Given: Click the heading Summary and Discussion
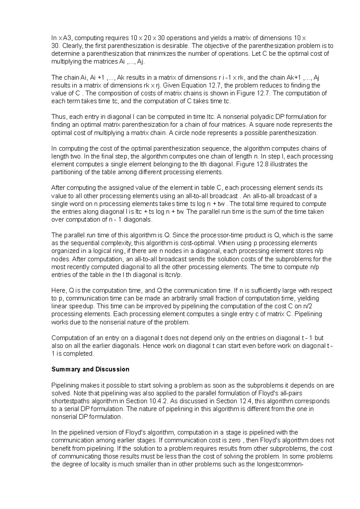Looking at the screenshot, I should tap(90, 369).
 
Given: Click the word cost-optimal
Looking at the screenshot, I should tap(200, 243).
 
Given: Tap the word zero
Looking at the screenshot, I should tap(234, 441).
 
